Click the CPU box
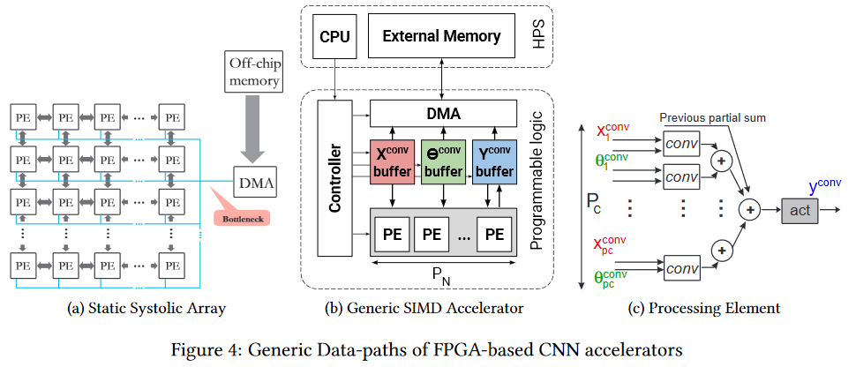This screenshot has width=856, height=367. pos(335,37)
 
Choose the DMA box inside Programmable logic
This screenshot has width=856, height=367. pos(442,113)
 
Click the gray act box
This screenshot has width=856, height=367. pos(800,211)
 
